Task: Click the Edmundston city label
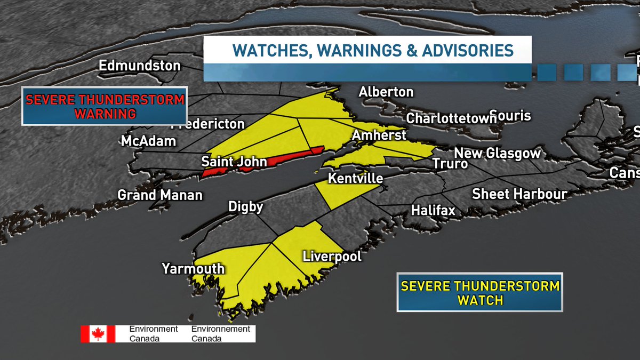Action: (x=140, y=66)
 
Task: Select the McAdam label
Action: (x=148, y=141)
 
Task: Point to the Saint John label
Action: (x=234, y=161)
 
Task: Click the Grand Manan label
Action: (x=160, y=195)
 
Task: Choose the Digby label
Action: (x=245, y=206)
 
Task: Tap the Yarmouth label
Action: (x=193, y=268)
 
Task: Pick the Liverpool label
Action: (x=332, y=256)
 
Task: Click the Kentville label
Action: (x=355, y=178)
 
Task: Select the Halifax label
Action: (x=433, y=211)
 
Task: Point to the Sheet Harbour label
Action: (x=519, y=194)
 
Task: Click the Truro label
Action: (x=450, y=164)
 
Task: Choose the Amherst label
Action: (x=379, y=135)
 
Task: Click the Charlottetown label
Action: (x=451, y=118)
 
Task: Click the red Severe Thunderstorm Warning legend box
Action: (x=105, y=106)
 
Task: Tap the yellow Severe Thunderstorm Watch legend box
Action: (x=480, y=292)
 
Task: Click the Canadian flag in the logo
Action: (x=98, y=334)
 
